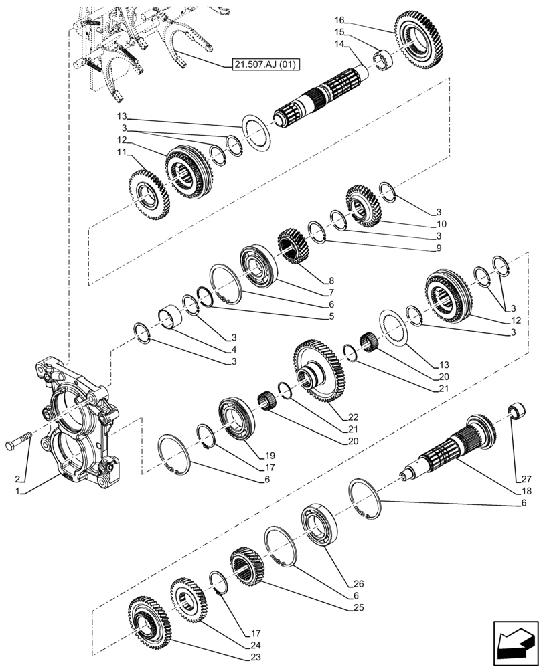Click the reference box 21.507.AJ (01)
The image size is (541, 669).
coord(266,64)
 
